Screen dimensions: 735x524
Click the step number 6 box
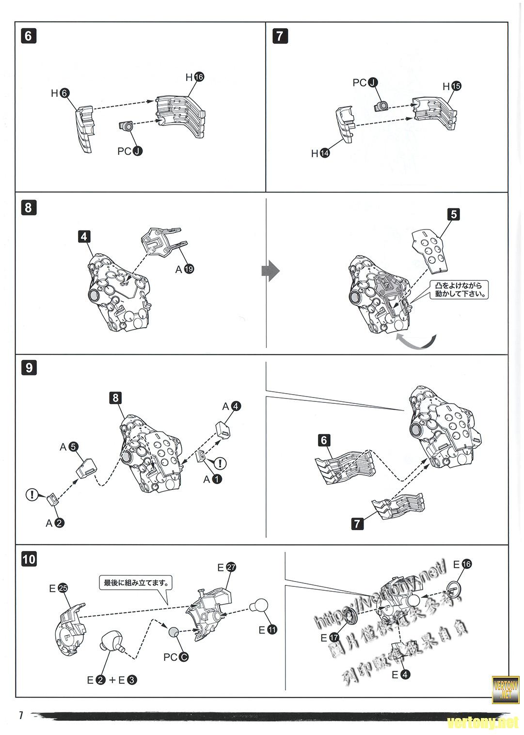click(x=29, y=36)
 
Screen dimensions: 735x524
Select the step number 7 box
click(x=280, y=36)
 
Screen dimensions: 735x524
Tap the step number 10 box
click(x=29, y=559)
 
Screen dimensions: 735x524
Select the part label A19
click(x=185, y=269)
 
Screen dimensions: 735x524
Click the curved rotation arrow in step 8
click(x=415, y=340)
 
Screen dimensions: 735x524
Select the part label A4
click(x=231, y=406)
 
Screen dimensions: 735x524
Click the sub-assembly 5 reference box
click(x=453, y=214)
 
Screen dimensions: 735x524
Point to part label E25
click(x=58, y=588)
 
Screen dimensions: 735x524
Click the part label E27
click(x=226, y=567)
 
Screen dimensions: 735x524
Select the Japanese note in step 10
click(x=135, y=582)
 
